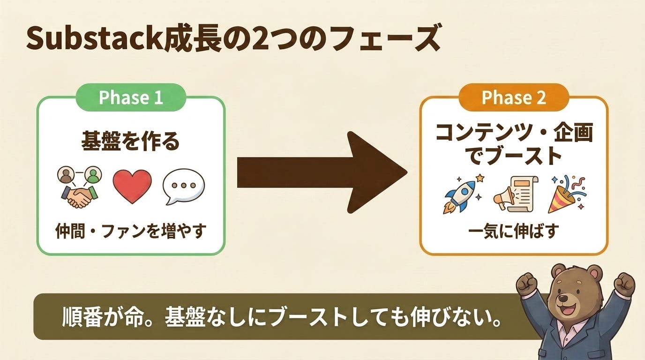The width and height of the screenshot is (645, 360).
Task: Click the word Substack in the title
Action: (95, 38)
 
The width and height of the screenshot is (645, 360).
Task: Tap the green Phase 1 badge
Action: (131, 97)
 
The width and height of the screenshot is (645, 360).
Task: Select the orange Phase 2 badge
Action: (514, 97)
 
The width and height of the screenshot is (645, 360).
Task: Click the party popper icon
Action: (566, 194)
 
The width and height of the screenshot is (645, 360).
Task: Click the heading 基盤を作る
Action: (130, 142)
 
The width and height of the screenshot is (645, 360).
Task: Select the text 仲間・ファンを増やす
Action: (131, 231)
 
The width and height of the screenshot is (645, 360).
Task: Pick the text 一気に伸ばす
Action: (514, 231)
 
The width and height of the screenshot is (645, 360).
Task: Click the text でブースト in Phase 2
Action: (514, 156)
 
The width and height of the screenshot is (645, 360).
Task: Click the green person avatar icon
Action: (93, 174)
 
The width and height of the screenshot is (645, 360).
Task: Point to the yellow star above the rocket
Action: (480, 178)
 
